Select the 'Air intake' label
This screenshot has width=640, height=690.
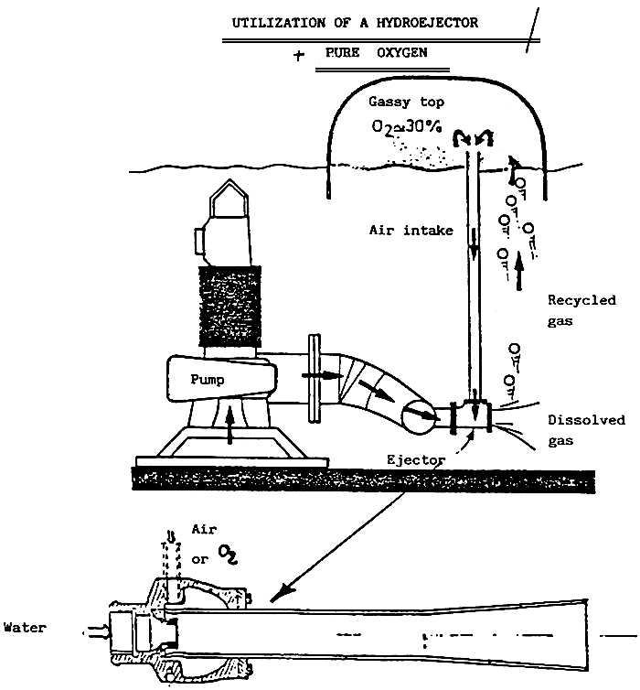415,232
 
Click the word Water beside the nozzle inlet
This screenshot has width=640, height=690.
26,628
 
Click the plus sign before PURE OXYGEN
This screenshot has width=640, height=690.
299,55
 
